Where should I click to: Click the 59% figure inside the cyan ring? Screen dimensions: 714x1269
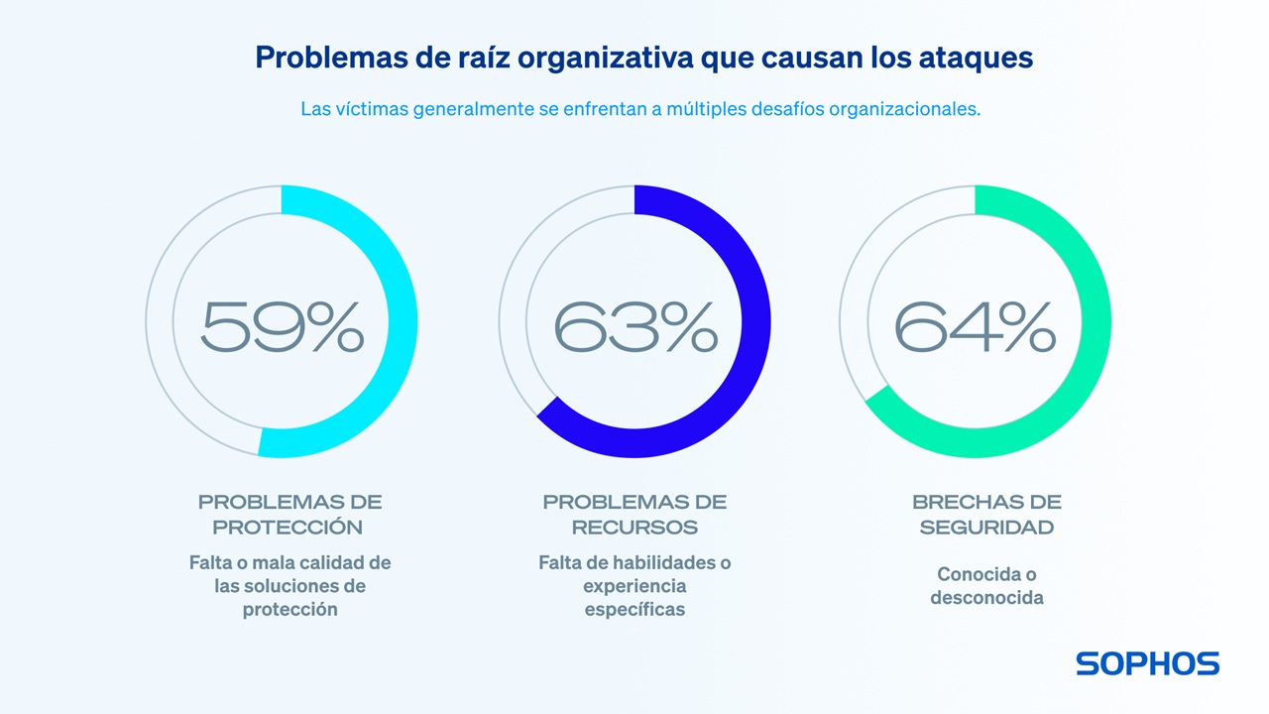[282, 327]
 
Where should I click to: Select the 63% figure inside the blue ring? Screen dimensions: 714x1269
[634, 327]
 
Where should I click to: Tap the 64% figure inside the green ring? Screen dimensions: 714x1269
[975, 327]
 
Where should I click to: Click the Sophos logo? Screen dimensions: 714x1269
[1147, 663]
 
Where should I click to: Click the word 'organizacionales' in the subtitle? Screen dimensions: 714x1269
[911, 109]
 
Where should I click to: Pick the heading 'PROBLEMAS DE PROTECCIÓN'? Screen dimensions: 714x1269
[289, 514]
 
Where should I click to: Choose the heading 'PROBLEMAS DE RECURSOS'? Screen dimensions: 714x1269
[634, 514]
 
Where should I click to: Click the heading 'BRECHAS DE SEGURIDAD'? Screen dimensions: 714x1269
[986, 514]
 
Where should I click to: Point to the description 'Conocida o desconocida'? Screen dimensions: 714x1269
[986, 586]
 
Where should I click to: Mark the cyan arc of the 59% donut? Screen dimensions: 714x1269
[403, 321]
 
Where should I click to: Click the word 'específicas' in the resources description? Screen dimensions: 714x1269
[634, 610]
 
